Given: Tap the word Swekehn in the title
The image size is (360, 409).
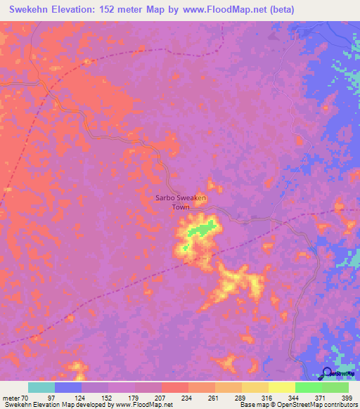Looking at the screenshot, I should (35, 10).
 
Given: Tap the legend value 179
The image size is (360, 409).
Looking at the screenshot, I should (134, 398).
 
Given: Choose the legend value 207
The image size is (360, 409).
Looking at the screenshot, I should (161, 398).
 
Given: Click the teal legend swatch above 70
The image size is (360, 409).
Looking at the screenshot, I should (41, 387).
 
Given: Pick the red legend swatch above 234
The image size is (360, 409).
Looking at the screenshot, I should (174, 387).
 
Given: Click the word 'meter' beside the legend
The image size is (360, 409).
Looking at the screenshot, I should (10, 398).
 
